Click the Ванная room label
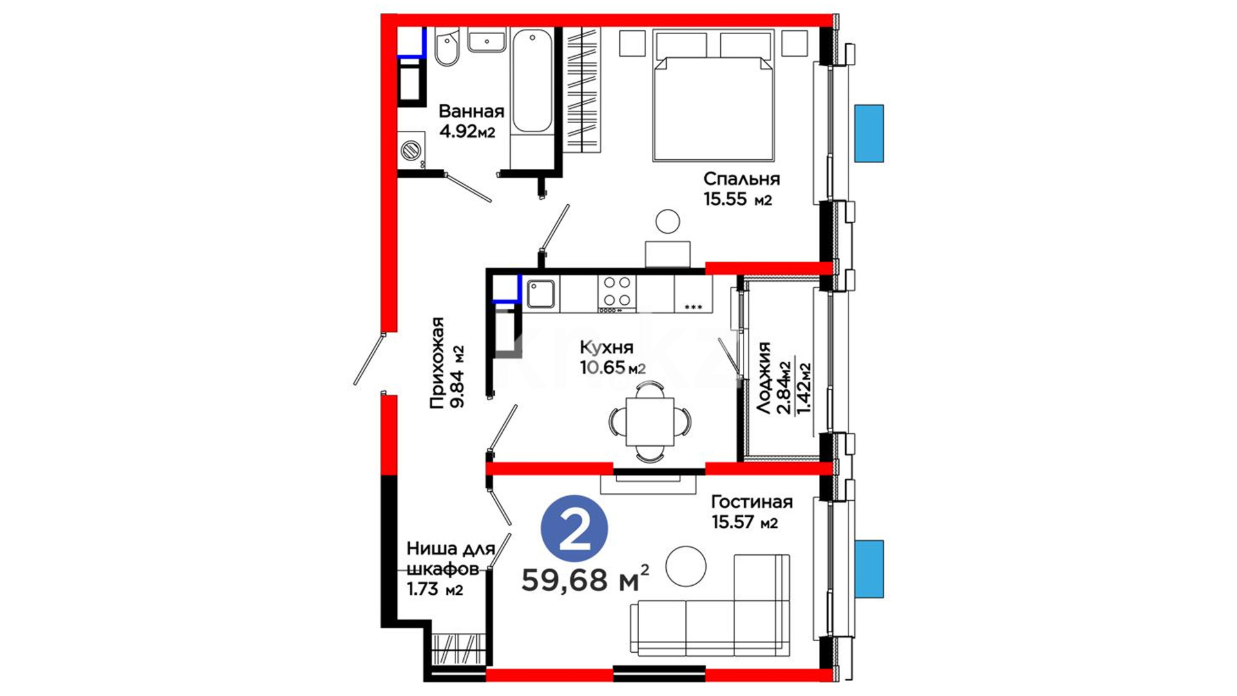[471, 111]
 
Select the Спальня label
[742, 179]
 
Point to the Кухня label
[606, 348]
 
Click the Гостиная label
[752, 501]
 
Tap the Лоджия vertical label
[764, 378]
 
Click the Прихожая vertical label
[438, 363]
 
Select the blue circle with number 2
[574, 529]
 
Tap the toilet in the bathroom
[446, 46]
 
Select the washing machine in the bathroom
[411, 150]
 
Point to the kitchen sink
[541, 294]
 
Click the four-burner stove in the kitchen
[617, 294]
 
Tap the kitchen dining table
[650, 421]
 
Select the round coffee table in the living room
[686, 566]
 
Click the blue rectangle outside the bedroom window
[869, 133]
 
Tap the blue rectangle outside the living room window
[869, 569]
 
